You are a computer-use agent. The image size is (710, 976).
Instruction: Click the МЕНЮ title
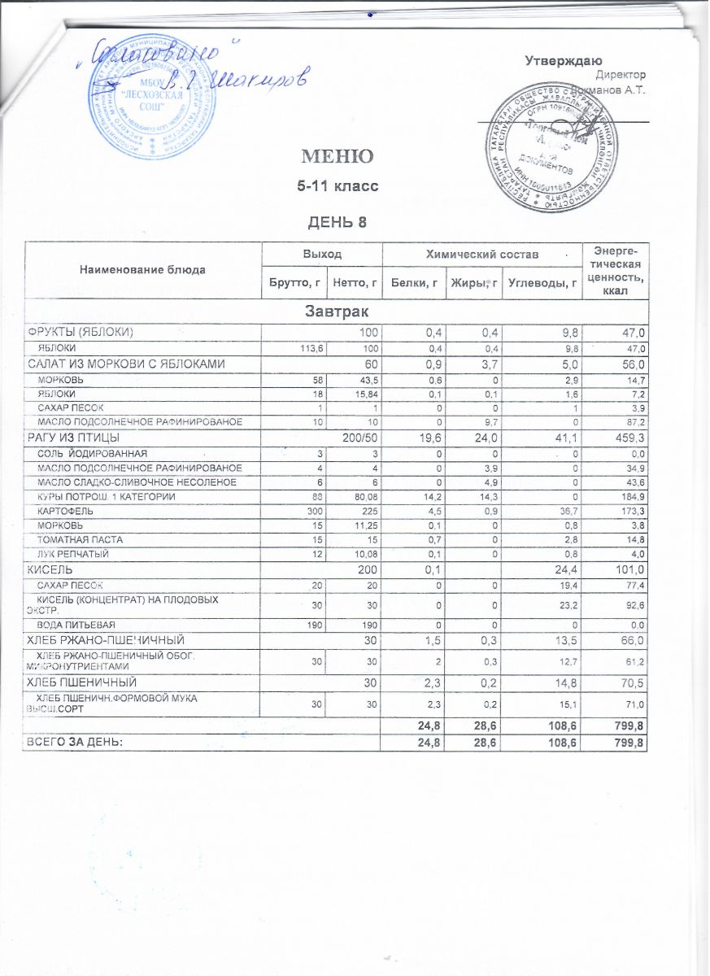coord(338,156)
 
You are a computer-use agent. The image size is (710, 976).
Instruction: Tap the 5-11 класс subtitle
coord(338,187)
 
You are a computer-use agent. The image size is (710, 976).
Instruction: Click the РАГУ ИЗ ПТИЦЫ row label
coord(74,439)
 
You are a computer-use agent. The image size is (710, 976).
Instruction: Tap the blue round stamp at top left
coord(157,110)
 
